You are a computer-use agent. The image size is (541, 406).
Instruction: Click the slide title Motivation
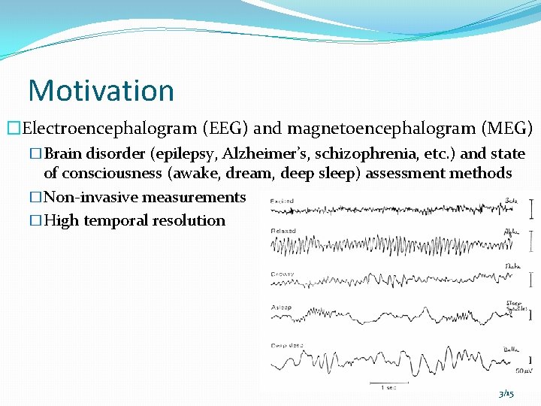[x=101, y=90]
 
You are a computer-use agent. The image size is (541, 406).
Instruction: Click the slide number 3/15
[x=506, y=394]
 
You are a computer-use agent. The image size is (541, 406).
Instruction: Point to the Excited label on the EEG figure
[x=283, y=201]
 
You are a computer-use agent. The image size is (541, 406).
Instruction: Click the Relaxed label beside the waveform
[x=283, y=231]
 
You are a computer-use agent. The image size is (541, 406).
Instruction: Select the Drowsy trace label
[x=283, y=274]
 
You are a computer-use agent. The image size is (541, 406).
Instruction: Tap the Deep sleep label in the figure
[x=286, y=345]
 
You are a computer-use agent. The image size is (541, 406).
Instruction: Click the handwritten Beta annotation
[x=511, y=201]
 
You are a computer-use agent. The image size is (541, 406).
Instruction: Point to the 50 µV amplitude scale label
[x=520, y=371]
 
